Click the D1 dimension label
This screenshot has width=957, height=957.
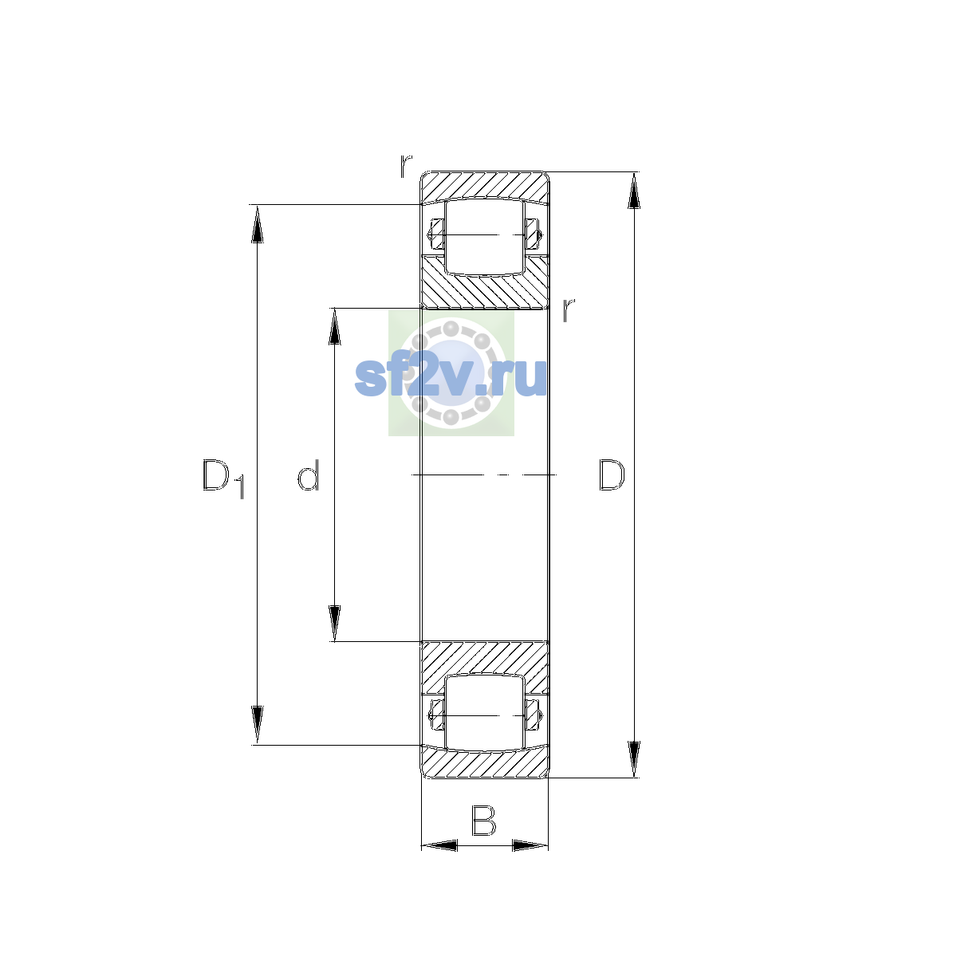click(223, 478)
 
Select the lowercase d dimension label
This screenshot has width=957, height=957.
click(308, 475)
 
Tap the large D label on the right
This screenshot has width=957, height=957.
click(612, 475)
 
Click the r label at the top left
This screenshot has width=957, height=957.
click(406, 166)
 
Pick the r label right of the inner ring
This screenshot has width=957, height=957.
click(569, 310)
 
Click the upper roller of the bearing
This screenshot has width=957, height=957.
click(484, 237)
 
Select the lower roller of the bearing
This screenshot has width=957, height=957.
click(484, 713)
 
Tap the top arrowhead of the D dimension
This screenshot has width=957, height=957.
click(634, 191)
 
